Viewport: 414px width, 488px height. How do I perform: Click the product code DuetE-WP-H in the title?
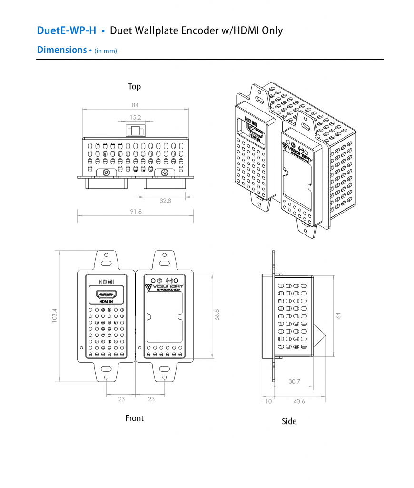(67, 31)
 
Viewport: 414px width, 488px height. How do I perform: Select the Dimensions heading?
(61, 50)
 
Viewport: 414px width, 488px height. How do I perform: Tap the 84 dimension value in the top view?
(135, 105)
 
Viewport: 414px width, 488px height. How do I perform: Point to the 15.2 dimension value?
(135, 117)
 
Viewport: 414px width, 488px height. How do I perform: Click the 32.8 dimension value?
(165, 201)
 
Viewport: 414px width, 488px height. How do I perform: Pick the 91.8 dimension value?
(136, 211)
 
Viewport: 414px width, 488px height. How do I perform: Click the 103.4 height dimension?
(54, 316)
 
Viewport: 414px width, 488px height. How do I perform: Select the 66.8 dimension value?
(217, 315)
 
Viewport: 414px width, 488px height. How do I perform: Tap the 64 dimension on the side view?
(338, 315)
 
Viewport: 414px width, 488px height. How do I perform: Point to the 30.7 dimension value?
(295, 382)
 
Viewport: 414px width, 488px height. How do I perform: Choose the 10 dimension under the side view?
(268, 401)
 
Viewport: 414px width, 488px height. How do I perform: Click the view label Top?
(134, 87)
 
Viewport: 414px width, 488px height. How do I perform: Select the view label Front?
(134, 418)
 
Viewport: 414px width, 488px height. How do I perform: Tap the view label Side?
(289, 421)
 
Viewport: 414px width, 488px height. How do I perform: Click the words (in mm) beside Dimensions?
(106, 51)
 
